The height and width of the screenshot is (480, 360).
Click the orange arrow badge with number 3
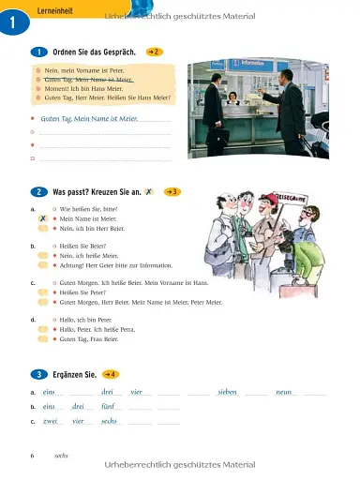172,191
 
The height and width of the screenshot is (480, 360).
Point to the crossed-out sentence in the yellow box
89,80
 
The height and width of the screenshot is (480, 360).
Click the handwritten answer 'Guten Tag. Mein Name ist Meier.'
90,119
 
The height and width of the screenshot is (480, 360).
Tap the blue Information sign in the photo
251,66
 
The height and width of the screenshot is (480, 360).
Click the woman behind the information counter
232,99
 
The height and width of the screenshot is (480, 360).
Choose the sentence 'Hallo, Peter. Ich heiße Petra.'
103,329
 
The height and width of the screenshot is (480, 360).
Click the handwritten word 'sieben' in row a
227,391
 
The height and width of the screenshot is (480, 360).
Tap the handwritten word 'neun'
284,391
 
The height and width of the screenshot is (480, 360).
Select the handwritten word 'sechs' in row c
109,421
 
